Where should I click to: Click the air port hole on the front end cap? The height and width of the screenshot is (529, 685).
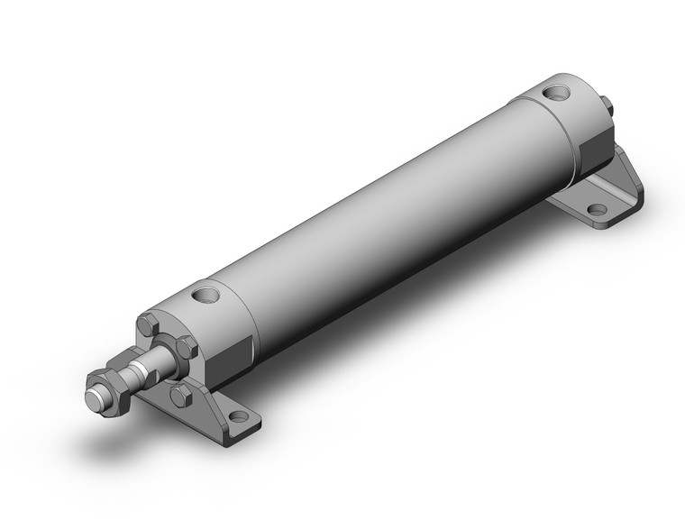pyautogui.click(x=205, y=294)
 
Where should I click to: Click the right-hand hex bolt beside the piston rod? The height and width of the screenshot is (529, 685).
pyautogui.click(x=187, y=346)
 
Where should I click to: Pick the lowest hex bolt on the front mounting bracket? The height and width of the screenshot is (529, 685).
pyautogui.click(x=180, y=395)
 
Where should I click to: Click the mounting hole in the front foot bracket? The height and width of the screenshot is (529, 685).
pyautogui.click(x=238, y=415)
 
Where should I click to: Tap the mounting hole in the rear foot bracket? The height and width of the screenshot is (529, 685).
pyautogui.click(x=597, y=209)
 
